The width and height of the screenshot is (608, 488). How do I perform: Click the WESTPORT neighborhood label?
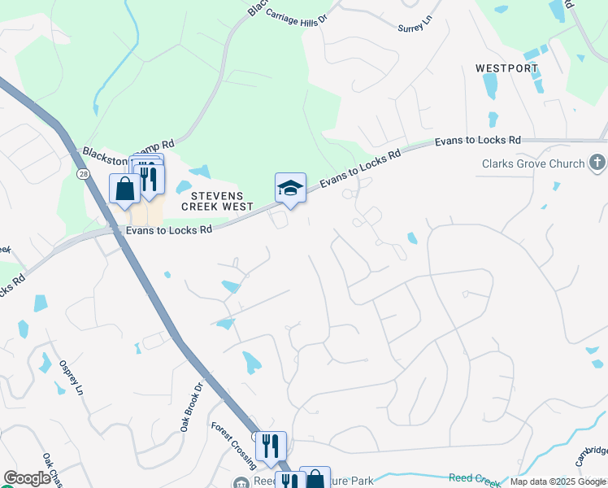[507, 68]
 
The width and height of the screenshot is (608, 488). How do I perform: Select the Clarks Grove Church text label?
[533, 163]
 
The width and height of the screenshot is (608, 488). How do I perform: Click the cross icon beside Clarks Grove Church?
[598, 163]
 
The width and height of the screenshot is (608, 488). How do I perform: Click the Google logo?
[27, 478]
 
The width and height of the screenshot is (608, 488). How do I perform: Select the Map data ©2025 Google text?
[557, 481]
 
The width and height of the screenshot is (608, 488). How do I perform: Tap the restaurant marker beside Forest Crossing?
[271, 447]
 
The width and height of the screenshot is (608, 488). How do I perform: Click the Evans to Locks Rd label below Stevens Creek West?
[169, 230]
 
